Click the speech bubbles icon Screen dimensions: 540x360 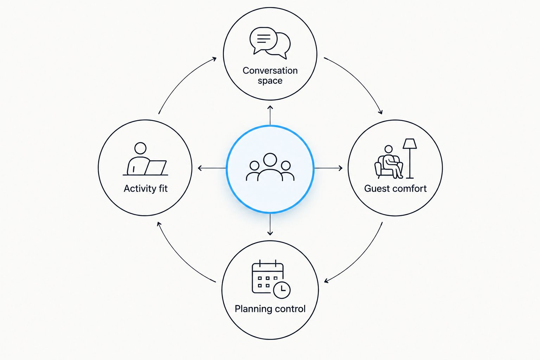270,43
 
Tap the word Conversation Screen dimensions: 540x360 270,71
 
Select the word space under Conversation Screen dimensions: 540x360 270,81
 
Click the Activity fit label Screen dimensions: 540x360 146,188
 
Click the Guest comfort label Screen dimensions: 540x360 396,188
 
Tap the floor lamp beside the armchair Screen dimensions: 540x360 410,159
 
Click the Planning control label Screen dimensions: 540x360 270,309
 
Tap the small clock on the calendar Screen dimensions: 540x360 282,290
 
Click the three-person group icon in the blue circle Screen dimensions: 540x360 270,167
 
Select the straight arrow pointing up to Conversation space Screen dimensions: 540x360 270,115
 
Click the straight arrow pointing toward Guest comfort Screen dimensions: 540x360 328,168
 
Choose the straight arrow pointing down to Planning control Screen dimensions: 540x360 270,224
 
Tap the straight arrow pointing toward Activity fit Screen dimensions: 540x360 212,168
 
